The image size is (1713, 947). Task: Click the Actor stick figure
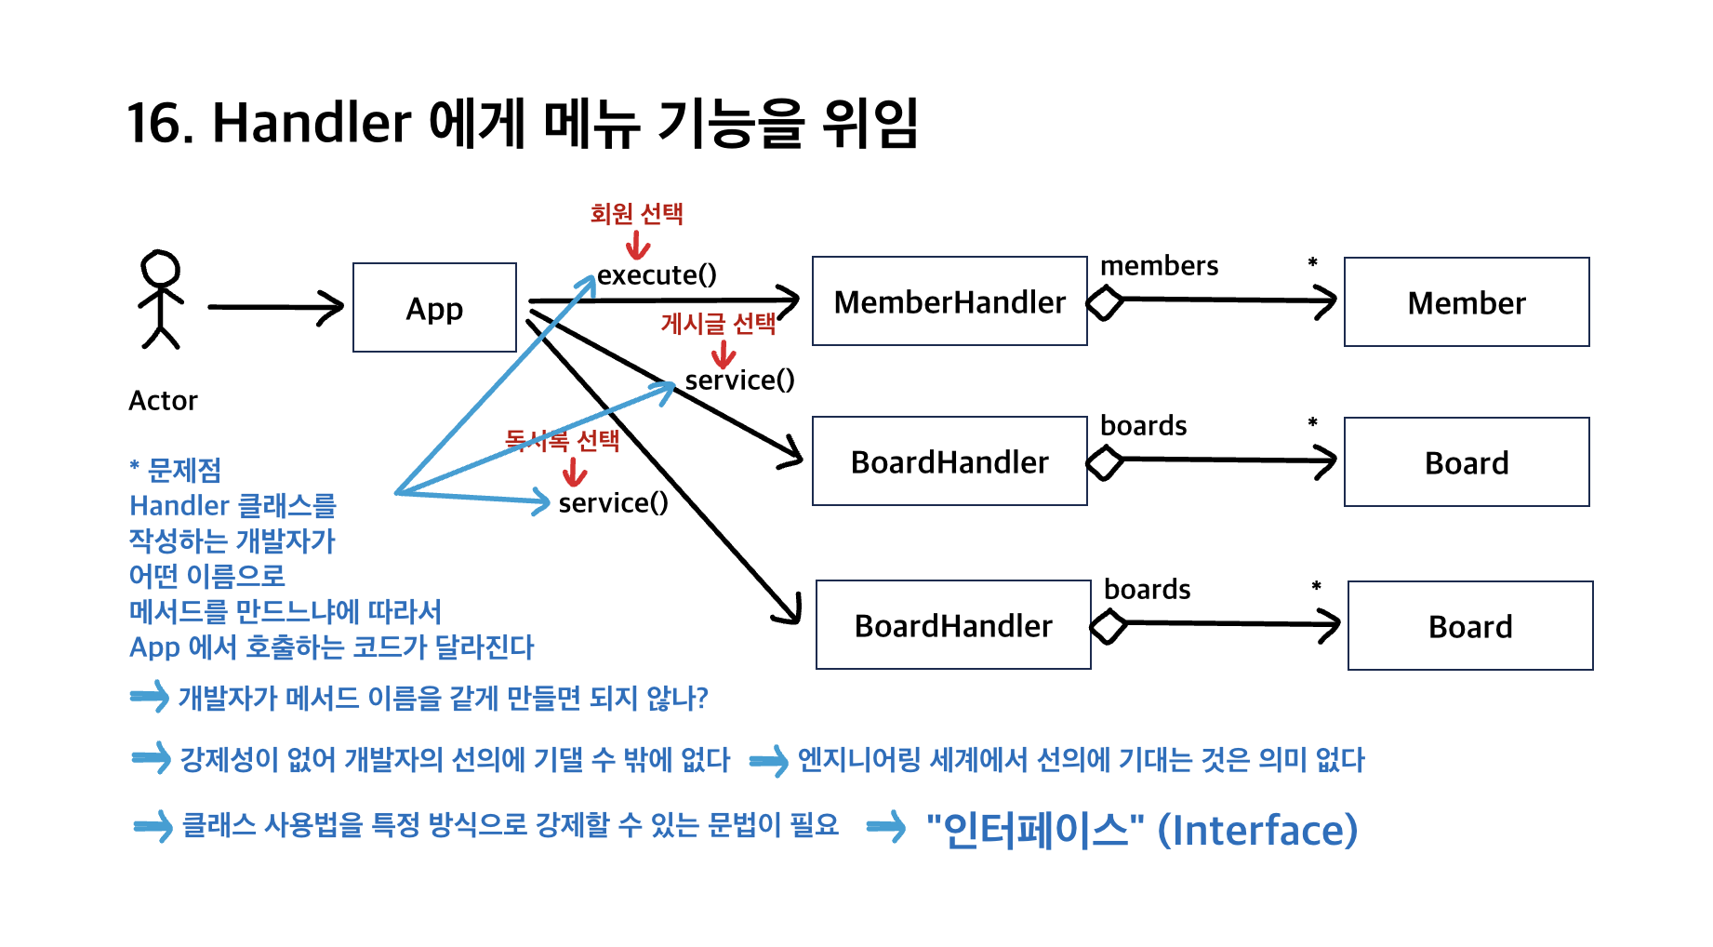coord(160,299)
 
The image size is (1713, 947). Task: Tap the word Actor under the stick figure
coord(163,401)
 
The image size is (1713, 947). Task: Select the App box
coord(434,308)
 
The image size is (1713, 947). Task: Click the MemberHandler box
coord(949,301)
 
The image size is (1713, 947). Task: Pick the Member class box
coord(1466,302)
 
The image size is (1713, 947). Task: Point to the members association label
coord(1159,266)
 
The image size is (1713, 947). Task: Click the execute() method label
coord(657,275)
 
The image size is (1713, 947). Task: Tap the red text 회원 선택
coord(637,214)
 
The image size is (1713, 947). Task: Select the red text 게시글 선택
coord(718,324)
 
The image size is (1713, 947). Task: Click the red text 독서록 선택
coord(562,440)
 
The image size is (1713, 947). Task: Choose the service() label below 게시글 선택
coord(739,380)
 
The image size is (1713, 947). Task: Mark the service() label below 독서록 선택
coord(613,503)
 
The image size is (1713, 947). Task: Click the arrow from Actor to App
coord(274,307)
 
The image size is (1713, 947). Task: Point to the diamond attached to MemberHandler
coord(1105,302)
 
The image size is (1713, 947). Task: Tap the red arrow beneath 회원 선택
coord(638,246)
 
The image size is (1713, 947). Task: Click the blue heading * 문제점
coord(175,471)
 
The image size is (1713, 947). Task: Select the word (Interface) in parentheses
coord(1257,830)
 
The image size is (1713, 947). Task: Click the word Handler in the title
coord(312,123)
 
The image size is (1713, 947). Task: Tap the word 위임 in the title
coord(870,123)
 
